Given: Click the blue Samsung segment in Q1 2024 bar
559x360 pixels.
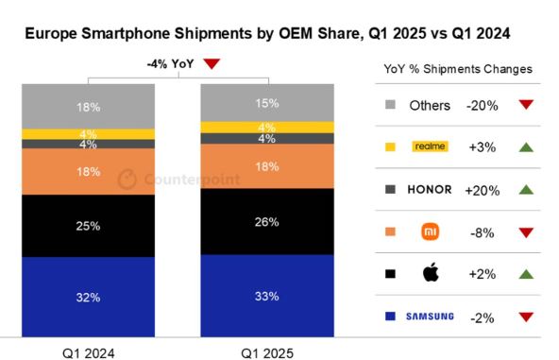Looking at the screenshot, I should point(88,296).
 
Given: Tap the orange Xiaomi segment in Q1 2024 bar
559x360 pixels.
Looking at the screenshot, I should point(88,172).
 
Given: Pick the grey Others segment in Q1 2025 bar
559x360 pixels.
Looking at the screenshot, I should point(267,102).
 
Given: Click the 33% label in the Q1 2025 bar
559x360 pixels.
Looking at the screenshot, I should point(267,296).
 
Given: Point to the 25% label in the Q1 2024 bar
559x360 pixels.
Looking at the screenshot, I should point(88,226).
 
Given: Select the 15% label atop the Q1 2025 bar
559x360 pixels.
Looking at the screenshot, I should point(267,102).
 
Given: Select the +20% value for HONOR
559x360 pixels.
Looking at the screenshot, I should point(481,188).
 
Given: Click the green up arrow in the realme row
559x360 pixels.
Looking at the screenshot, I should point(526,146).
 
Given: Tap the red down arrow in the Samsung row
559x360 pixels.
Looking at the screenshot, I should point(526,317).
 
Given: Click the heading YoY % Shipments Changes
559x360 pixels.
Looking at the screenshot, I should point(458,69).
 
